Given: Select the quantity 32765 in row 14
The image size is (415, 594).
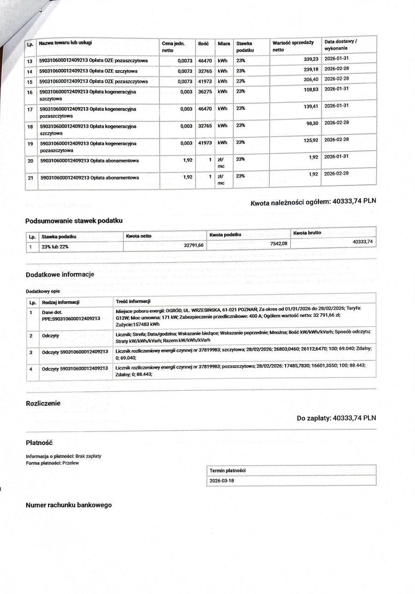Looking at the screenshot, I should [205, 71].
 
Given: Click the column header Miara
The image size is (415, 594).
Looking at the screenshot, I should [224, 43].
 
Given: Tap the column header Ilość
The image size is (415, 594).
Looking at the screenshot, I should [203, 43].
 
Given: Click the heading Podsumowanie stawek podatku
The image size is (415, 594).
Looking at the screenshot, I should [74, 220].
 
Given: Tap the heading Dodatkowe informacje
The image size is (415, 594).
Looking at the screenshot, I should [60, 275].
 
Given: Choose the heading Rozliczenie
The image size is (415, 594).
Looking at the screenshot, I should [43, 403].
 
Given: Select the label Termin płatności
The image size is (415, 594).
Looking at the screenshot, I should [227, 470].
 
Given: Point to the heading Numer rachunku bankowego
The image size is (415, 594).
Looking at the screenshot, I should [69, 505].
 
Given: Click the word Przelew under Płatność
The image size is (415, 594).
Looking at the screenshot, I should [71, 463].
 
